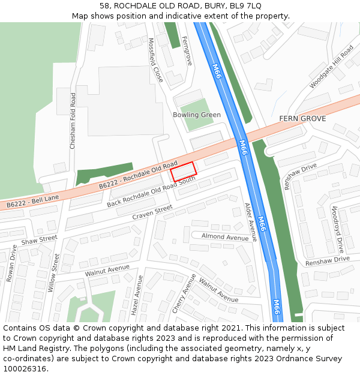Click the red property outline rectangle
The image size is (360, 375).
click(184, 172)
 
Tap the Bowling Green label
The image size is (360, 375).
click(197, 115)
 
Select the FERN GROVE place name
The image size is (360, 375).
click(302, 119)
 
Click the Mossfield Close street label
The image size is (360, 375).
click(155, 60)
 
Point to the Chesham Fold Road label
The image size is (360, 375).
click(73, 121)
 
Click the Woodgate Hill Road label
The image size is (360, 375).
click(332, 67)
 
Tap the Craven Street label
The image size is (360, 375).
click(152, 212)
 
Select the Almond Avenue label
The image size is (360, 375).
click(225, 238)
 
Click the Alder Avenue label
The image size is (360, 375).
click(250, 222)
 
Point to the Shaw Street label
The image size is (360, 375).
click(39, 241)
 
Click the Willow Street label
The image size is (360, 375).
click(53, 272)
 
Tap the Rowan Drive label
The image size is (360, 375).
click(11, 263)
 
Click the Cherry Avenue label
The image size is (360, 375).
click(184, 293)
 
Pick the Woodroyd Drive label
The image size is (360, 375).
click(337, 229)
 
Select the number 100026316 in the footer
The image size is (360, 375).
click(25, 368)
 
